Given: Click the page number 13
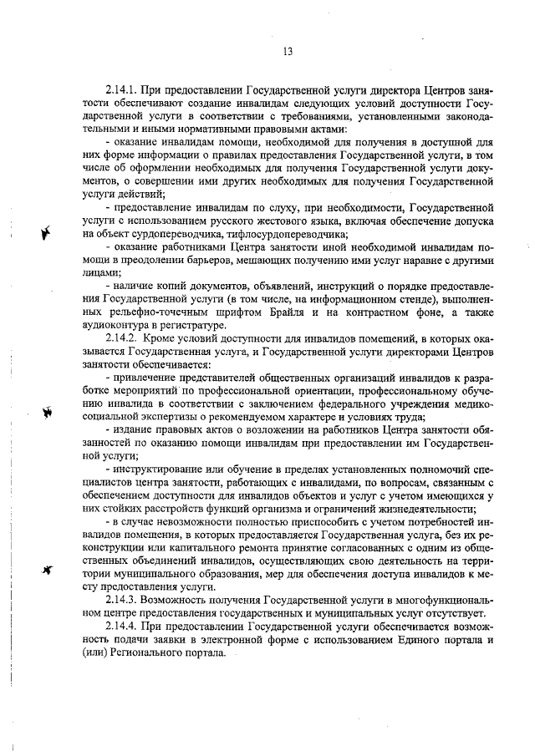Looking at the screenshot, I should [x=287, y=51].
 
